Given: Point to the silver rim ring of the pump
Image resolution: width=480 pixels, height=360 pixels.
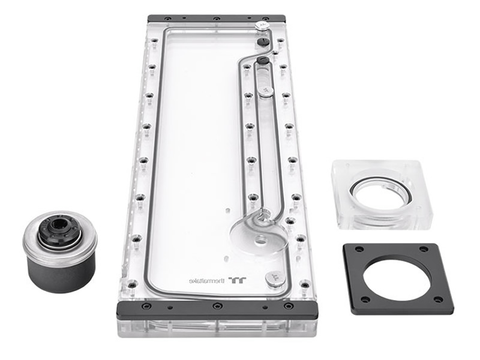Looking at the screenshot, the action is tap(60, 242).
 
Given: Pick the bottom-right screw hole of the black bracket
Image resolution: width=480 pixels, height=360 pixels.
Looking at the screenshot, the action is tap(439, 299).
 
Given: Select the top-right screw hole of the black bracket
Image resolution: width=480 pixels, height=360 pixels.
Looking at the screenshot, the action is tap(423, 249).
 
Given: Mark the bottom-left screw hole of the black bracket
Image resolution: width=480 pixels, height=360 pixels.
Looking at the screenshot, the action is tap(365, 299).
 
